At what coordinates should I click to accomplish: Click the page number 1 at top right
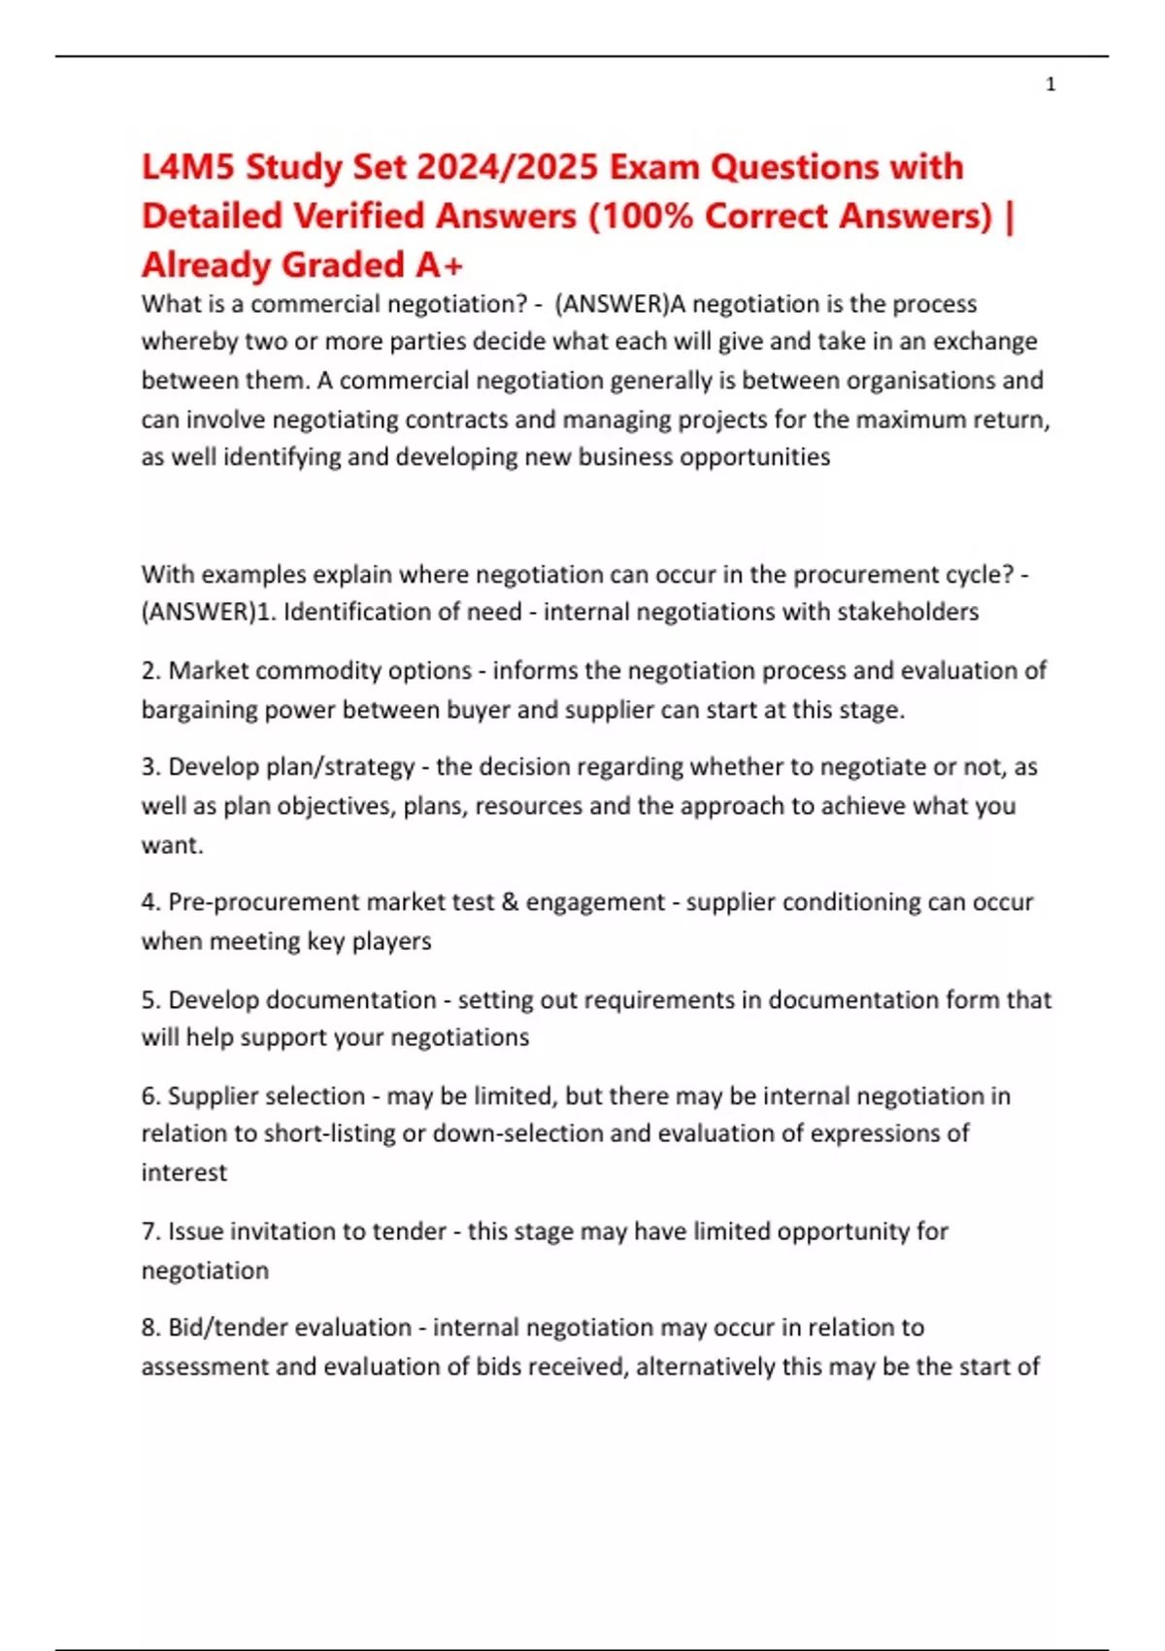tap(1050, 84)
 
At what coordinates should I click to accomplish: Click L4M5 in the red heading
tap(188, 167)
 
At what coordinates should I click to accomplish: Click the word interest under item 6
tap(184, 1172)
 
